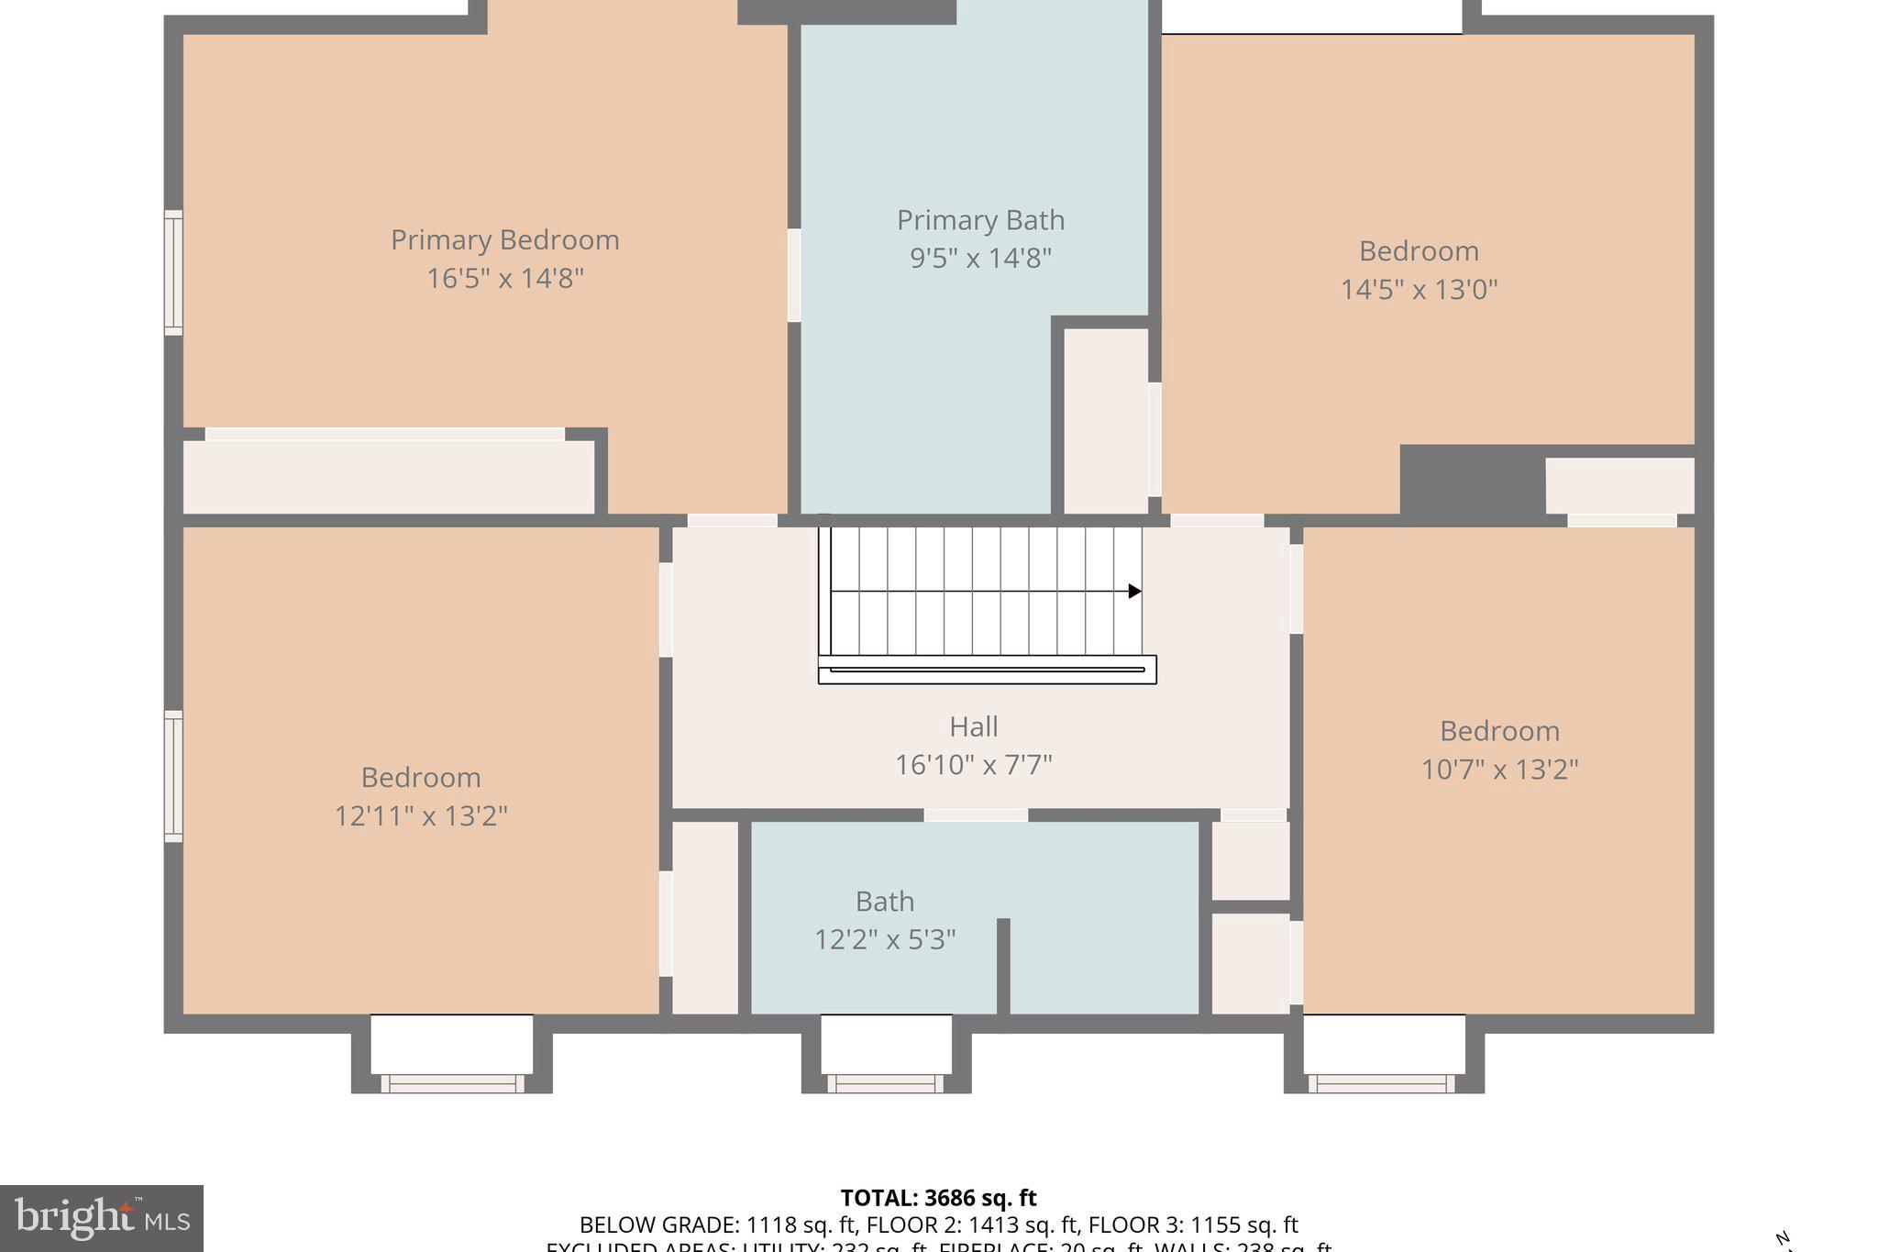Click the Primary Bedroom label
click(x=505, y=240)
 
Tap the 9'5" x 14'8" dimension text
click(x=980, y=259)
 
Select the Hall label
click(x=973, y=726)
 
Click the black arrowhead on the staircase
click(x=1134, y=592)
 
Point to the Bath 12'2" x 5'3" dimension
click(x=885, y=939)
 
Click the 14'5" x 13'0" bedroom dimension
click(x=1419, y=290)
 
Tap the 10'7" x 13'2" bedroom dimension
click(x=1499, y=770)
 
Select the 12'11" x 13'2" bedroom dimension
click(x=421, y=815)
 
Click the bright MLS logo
click(x=102, y=1219)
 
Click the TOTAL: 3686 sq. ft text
click(x=938, y=1198)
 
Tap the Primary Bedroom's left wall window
click(x=173, y=272)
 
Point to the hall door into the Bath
click(x=976, y=814)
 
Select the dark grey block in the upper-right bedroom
click(x=1471, y=480)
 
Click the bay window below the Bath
click(x=886, y=1055)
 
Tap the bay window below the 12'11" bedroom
click(x=452, y=1055)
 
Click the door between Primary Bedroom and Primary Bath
click(x=794, y=275)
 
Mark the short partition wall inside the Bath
click(x=1003, y=965)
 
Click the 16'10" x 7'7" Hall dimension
click(x=973, y=765)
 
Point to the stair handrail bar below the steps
click(x=987, y=670)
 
